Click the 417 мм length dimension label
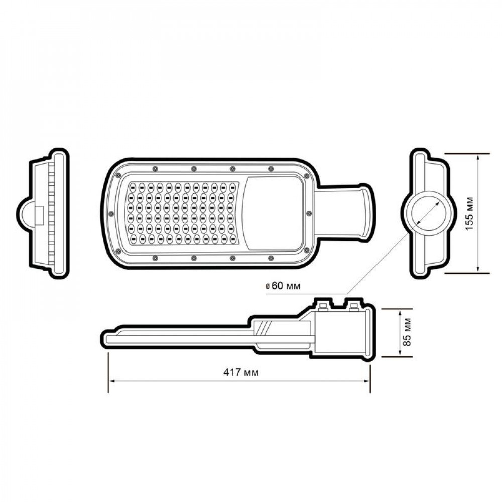click(x=241, y=372)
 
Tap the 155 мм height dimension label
click(x=469, y=213)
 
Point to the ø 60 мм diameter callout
click(x=283, y=286)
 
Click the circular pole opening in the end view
click(x=427, y=213)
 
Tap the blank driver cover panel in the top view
click(x=273, y=213)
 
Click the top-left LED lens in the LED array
click(x=132, y=187)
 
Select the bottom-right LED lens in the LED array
click(x=233, y=237)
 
